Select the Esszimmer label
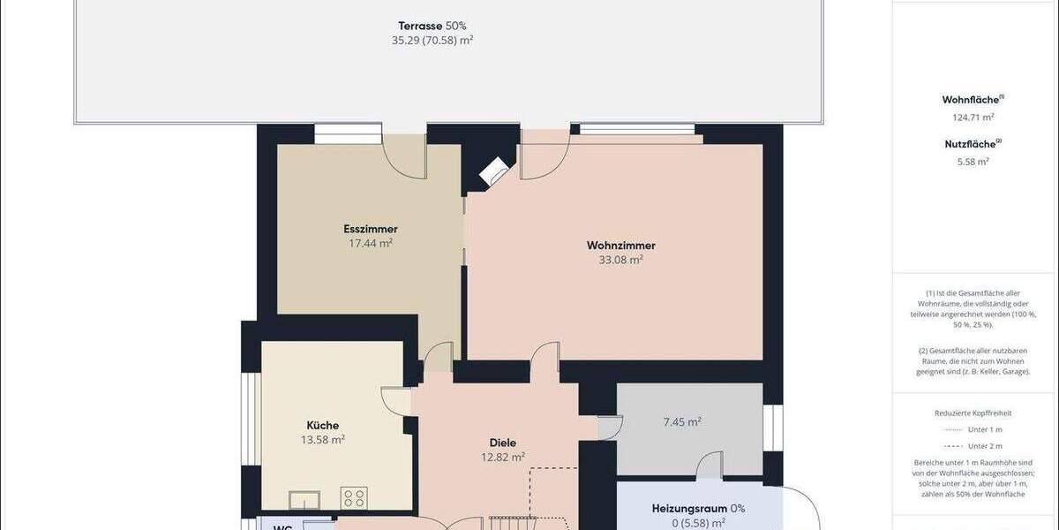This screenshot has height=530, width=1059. point(371,229)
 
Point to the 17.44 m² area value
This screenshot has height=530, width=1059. point(371,243)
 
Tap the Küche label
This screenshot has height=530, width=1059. point(323,425)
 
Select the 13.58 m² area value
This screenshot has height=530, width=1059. point(323,439)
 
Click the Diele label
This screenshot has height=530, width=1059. point(503,443)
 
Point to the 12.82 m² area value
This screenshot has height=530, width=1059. point(503,457)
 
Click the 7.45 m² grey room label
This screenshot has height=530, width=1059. point(682,422)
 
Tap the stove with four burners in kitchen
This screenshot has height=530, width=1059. point(354,497)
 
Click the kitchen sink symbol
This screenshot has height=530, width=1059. point(304,501)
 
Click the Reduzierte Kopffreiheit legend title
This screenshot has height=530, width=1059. point(973,413)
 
